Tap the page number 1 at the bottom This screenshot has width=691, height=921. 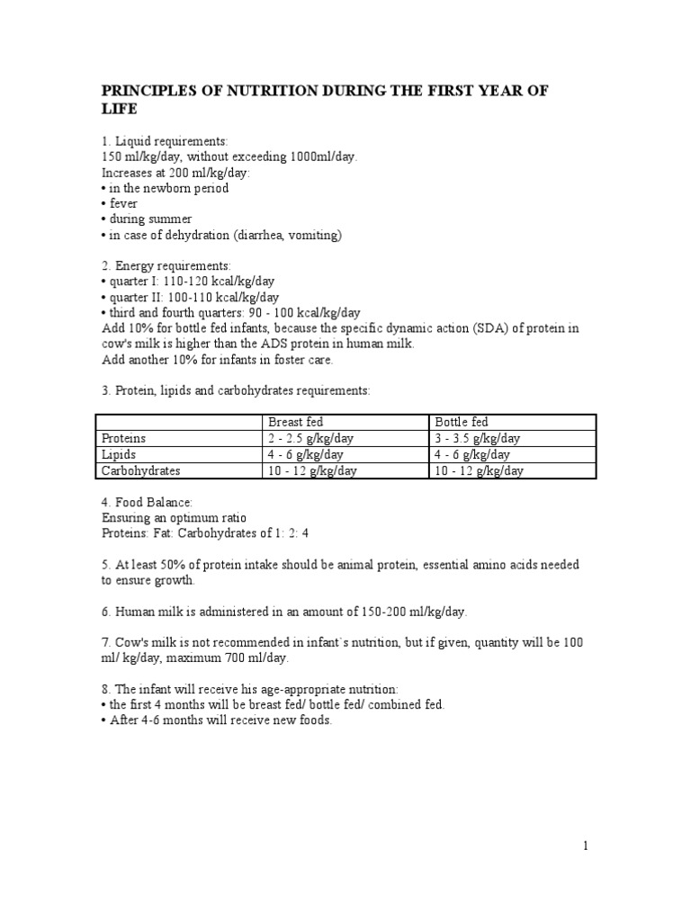[585, 845]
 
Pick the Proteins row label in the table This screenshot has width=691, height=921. [124, 438]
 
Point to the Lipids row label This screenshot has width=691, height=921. [120, 454]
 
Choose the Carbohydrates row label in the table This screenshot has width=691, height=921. [141, 470]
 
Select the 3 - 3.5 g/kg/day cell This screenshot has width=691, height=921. [478, 438]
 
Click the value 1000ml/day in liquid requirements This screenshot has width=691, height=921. [324, 156]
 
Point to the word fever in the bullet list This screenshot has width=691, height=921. [124, 203]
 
